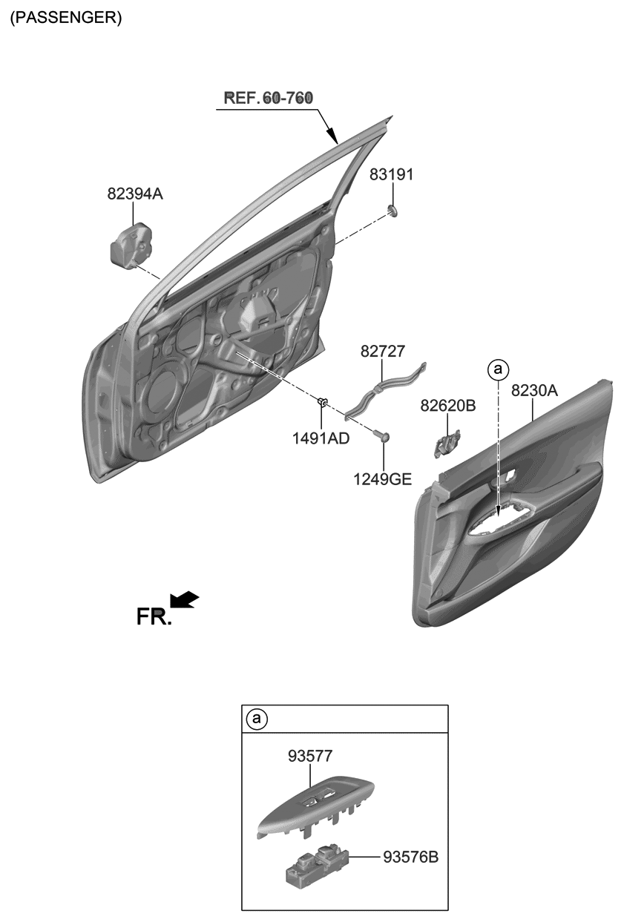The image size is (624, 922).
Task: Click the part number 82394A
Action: pos(134,194)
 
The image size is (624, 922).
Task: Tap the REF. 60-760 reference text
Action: pos(268,98)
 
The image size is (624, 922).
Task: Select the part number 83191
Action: pos(392,175)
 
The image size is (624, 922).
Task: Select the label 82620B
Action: pos(448,406)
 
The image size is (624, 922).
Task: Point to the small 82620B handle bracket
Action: pos(446,442)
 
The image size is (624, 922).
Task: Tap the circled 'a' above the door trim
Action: pos(498,368)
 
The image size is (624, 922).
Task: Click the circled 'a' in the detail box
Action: pos(257,719)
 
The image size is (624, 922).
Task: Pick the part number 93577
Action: pos(310,756)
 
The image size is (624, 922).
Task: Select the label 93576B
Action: pos(411,857)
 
